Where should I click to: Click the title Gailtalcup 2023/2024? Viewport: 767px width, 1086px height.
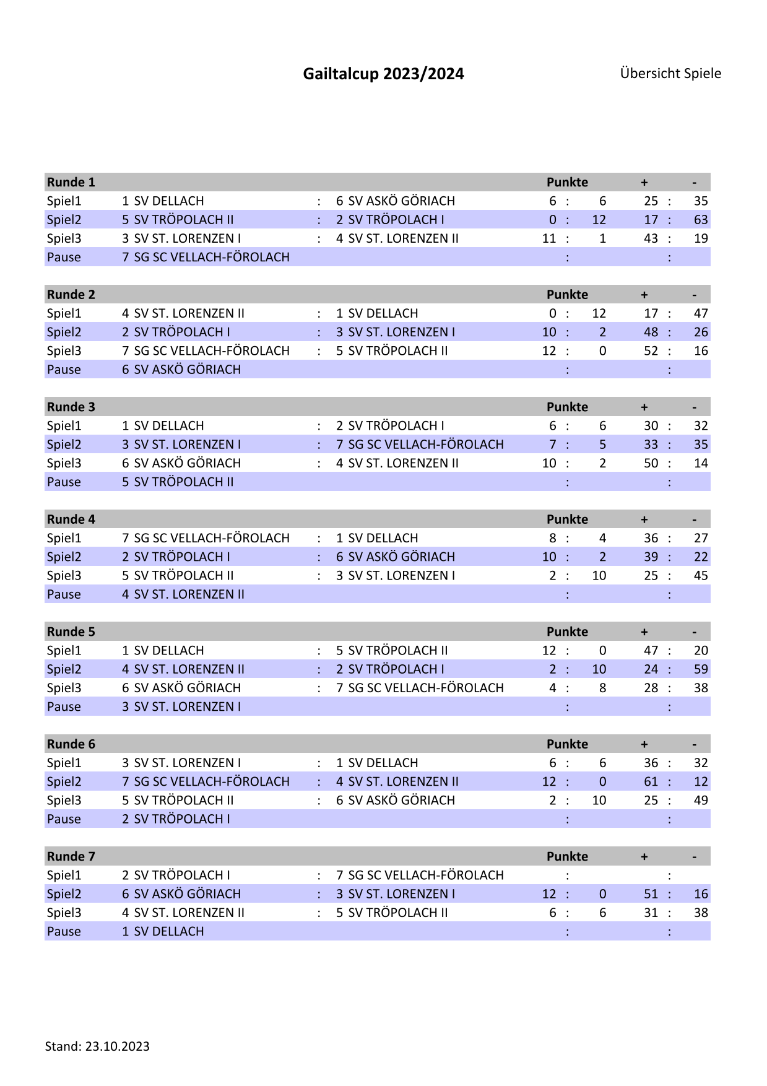click(x=383, y=74)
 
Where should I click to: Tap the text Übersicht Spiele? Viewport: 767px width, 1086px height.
click(x=670, y=73)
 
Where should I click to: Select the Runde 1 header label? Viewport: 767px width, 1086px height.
click(x=71, y=182)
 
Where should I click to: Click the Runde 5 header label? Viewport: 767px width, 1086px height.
click(x=71, y=632)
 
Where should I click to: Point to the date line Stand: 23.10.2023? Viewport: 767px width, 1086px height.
click(x=97, y=1046)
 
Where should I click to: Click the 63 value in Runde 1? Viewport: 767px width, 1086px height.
click(x=700, y=220)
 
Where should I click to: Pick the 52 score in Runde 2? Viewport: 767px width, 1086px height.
click(x=651, y=351)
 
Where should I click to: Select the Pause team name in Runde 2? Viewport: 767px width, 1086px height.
click(x=181, y=370)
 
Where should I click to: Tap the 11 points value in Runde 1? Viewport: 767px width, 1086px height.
click(x=549, y=238)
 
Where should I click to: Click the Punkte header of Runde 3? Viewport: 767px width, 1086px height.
click(x=567, y=407)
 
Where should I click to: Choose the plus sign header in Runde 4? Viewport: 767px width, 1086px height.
click(x=644, y=519)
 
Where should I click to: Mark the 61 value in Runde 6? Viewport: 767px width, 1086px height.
click(x=651, y=781)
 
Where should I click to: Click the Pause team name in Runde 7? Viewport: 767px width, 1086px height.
click(x=163, y=931)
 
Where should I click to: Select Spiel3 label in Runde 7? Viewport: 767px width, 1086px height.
click(x=64, y=913)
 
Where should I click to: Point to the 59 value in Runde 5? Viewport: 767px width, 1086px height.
click(x=700, y=669)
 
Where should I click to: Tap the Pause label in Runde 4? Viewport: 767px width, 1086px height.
click(x=64, y=594)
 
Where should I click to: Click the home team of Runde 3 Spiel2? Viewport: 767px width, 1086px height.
click(x=181, y=445)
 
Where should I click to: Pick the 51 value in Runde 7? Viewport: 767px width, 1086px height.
click(x=651, y=894)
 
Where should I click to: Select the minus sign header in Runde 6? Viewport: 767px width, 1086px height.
click(x=695, y=744)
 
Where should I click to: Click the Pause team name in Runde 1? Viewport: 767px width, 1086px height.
click(x=206, y=257)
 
